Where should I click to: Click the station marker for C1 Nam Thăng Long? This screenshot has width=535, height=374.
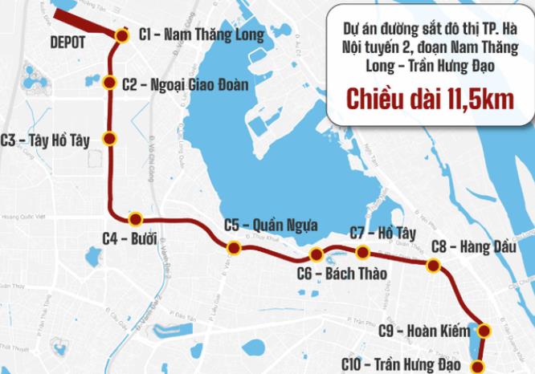coord(121,36)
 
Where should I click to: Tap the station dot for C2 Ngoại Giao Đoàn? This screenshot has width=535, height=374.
coord(110,83)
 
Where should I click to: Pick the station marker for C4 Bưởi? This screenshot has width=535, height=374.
coord(135,218)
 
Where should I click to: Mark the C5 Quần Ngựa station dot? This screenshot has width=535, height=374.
coord(233,246)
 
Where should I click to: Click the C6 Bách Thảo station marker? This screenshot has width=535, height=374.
coord(316,255)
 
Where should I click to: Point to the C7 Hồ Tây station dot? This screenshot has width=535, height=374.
coord(362,252)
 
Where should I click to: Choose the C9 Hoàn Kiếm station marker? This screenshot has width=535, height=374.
coord(484,329)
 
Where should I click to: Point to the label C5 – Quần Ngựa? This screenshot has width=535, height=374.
coord(271,224)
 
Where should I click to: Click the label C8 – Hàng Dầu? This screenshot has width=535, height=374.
coord(467,246)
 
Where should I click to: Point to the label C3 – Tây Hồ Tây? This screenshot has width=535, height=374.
coord(47,138)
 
